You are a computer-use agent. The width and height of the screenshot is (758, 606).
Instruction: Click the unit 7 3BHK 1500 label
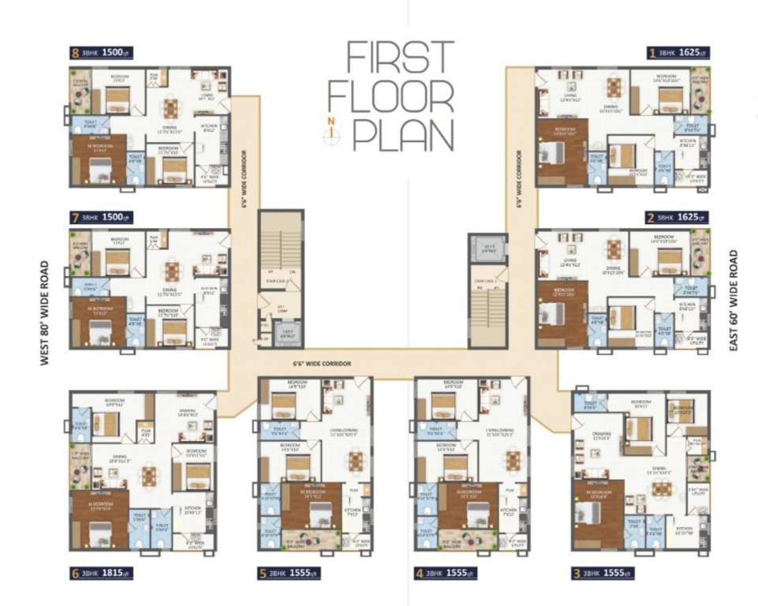100,216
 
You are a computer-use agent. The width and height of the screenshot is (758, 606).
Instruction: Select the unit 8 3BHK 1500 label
100,54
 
